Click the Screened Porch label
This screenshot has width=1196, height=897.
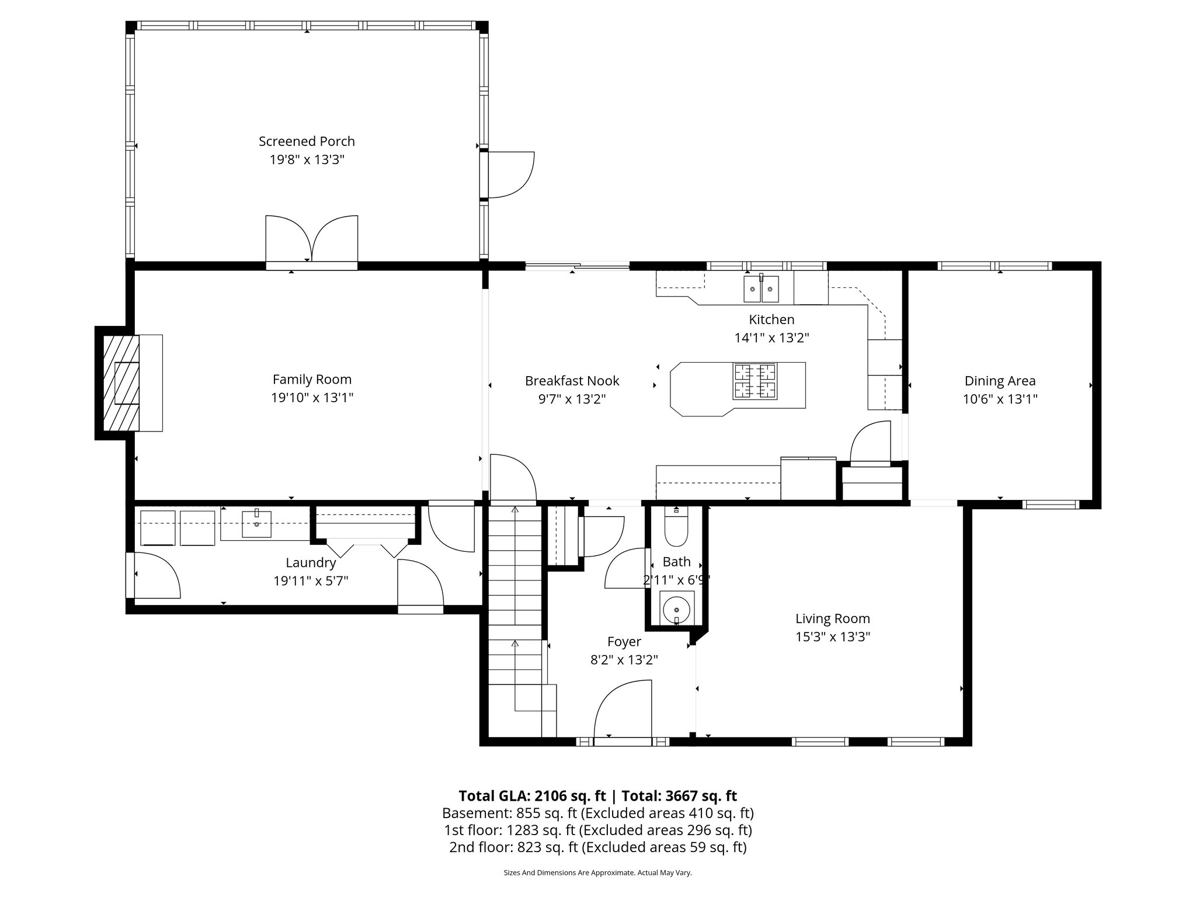tap(307, 141)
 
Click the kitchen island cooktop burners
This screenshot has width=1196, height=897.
tap(755, 381)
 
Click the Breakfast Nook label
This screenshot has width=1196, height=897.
tap(572, 381)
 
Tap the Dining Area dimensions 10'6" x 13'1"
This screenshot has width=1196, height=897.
tap(1000, 399)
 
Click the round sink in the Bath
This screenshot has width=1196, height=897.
tap(676, 609)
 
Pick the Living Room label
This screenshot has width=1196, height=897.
tap(832, 618)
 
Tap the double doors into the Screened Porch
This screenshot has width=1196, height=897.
tap(311, 241)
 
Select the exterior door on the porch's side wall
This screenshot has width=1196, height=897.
tap(510, 175)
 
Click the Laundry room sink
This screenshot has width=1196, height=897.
tap(257, 523)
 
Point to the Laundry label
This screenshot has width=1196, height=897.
tap(311, 563)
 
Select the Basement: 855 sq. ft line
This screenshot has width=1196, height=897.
tap(597, 813)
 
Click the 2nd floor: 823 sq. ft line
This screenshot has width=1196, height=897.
tap(597, 847)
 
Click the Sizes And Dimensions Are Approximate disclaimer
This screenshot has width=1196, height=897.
tap(597, 873)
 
